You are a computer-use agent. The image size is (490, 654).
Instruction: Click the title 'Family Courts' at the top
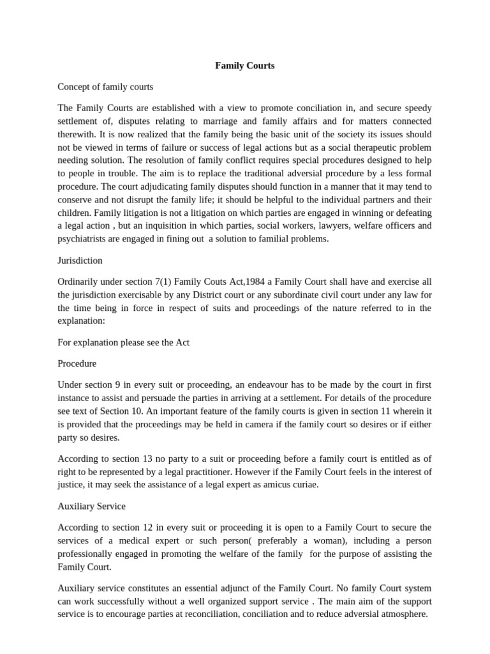244,65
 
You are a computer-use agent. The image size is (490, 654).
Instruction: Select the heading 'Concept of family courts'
105,86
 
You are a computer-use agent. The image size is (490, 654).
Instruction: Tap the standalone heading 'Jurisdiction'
80,261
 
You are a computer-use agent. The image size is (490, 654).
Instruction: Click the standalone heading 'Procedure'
77,363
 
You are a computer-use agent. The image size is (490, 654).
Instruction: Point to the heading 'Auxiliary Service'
91,506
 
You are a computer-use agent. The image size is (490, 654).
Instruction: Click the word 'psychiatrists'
82,239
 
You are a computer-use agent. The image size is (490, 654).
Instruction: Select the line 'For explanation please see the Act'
123,342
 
